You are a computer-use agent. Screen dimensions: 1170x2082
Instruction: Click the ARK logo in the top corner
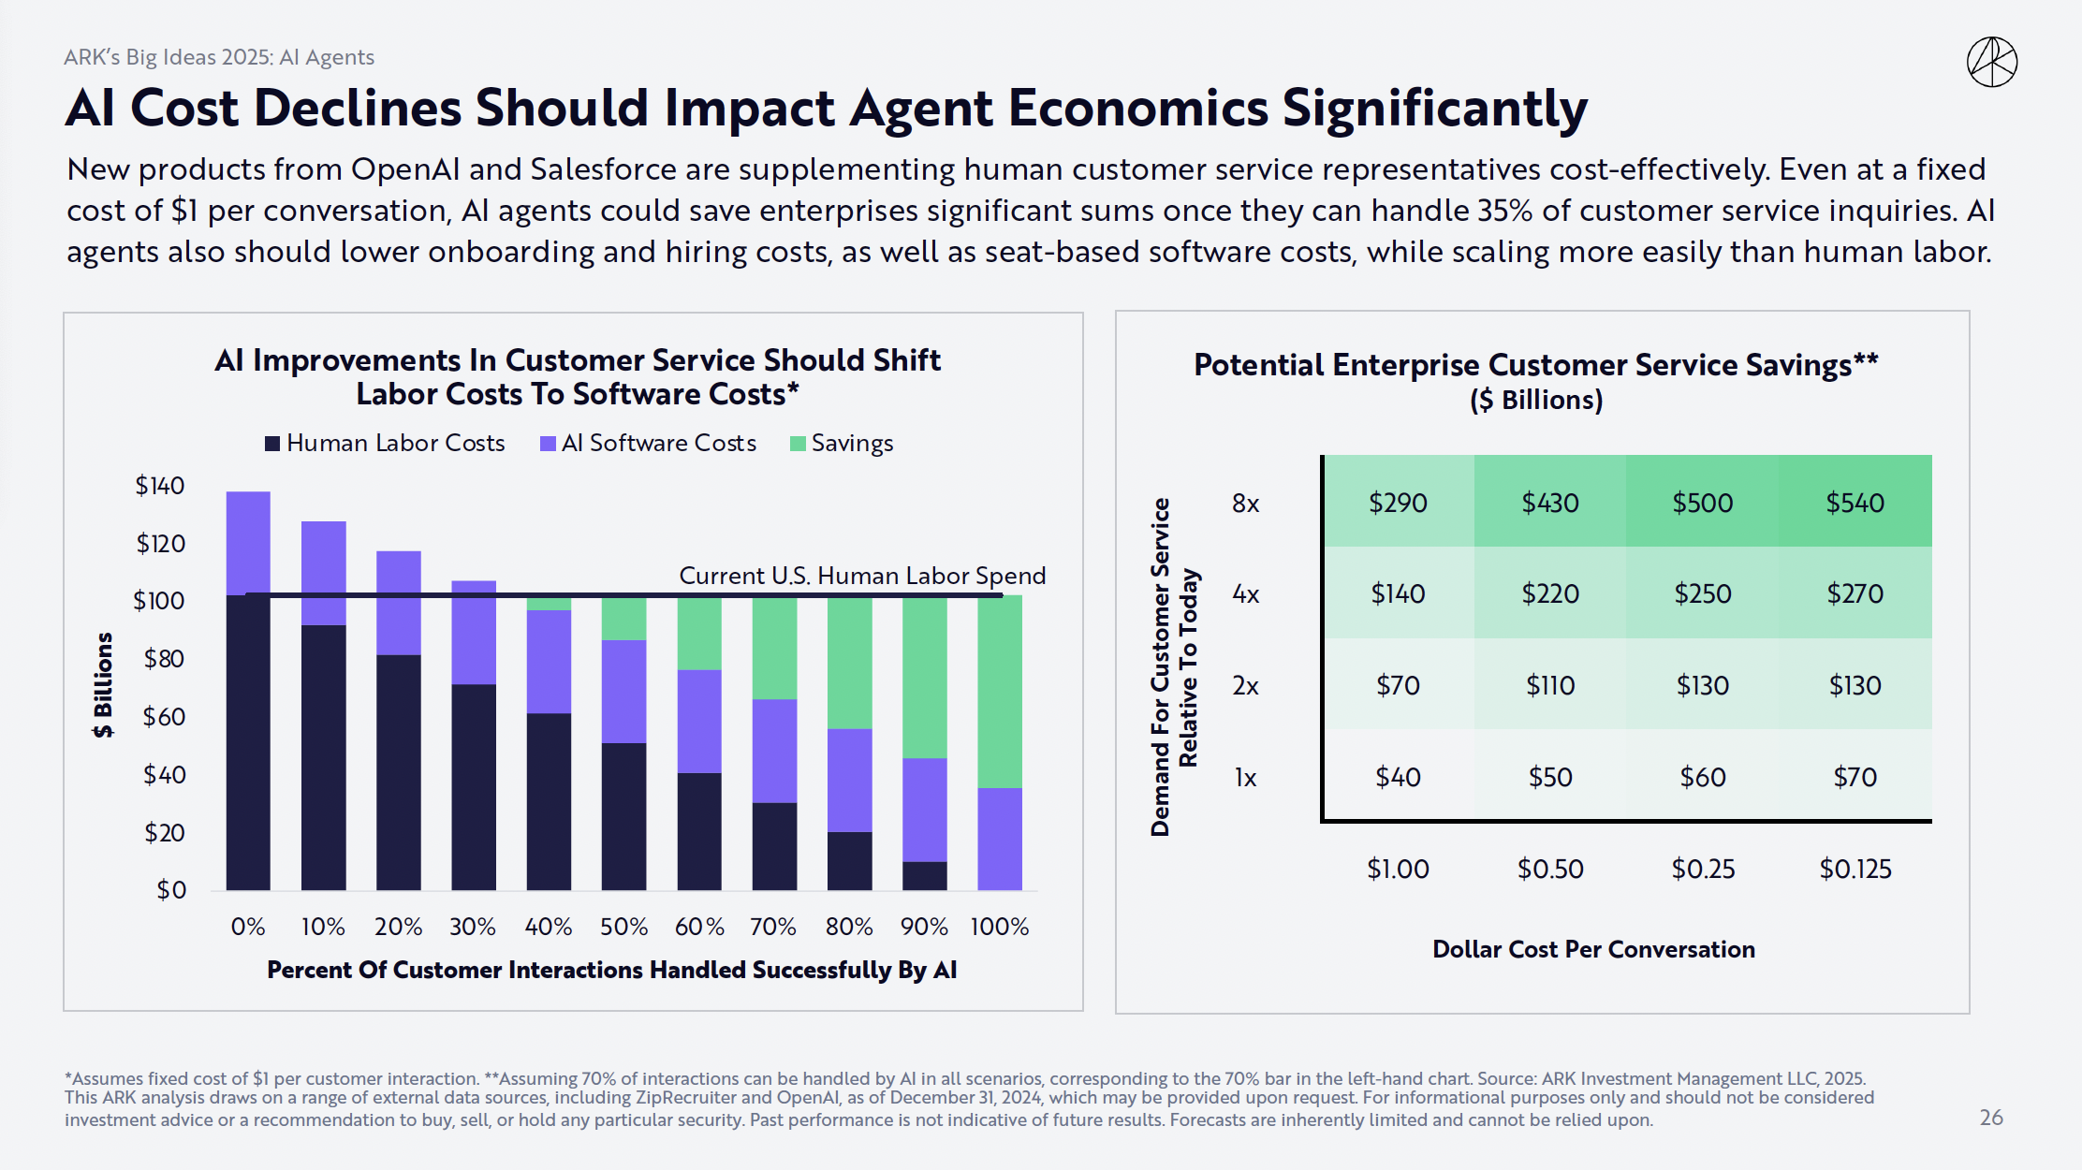1991,63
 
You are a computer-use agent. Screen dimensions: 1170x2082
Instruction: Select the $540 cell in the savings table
1855,503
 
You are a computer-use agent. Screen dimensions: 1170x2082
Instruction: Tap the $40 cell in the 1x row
1398,777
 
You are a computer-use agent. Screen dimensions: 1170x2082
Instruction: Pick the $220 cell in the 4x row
1550,593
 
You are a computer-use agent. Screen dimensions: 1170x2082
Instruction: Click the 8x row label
1245,504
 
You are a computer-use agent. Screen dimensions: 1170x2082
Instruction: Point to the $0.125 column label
1855,869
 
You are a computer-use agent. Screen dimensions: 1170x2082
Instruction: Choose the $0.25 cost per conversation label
1703,869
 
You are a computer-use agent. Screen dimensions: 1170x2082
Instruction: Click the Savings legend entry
842,443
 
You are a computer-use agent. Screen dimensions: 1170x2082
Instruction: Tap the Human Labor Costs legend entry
385,443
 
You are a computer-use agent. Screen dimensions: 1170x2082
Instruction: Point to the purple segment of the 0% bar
248,543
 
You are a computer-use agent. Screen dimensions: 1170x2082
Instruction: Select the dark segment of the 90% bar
925,875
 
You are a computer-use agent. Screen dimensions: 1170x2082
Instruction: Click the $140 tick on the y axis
160,485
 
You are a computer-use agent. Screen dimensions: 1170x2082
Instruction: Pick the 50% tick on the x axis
623,927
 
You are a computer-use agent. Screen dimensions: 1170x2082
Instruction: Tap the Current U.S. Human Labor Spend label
862,576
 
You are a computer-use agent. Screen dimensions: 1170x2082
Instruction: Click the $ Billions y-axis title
103,685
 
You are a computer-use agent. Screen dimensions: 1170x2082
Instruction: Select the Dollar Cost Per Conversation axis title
1593,949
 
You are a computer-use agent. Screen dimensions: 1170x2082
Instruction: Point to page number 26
1991,1118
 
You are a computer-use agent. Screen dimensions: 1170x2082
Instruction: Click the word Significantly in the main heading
1434,109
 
